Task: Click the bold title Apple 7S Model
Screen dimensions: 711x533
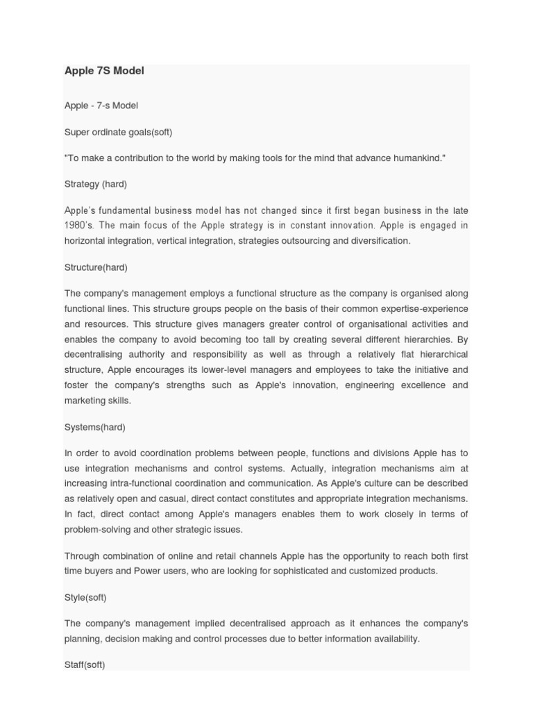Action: click(104, 71)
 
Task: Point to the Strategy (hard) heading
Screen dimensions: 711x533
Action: click(96, 185)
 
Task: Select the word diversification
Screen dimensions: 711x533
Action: click(377, 241)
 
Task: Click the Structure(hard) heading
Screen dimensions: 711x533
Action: click(96, 267)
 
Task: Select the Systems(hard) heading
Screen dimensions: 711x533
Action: click(95, 427)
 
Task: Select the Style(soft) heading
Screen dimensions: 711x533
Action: click(85, 597)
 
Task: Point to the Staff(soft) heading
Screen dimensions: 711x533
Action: click(85, 664)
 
